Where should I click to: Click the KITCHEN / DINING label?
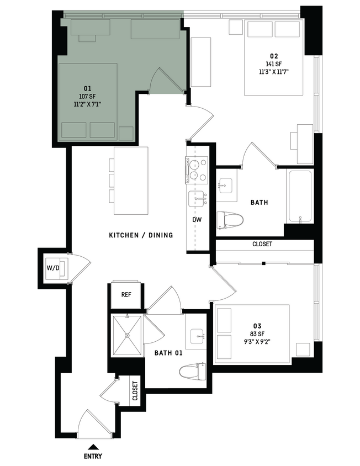(141, 235)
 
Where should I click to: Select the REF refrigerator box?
(127, 295)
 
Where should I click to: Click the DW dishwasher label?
(197, 220)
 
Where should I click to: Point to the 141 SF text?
(274, 63)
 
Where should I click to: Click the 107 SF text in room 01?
(87, 96)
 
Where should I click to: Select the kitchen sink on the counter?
(197, 199)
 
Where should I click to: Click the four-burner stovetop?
(196, 170)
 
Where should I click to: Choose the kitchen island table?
(131, 181)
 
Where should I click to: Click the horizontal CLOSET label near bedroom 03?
(262, 244)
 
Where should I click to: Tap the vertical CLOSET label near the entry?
(135, 390)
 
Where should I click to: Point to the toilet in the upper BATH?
(231, 220)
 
